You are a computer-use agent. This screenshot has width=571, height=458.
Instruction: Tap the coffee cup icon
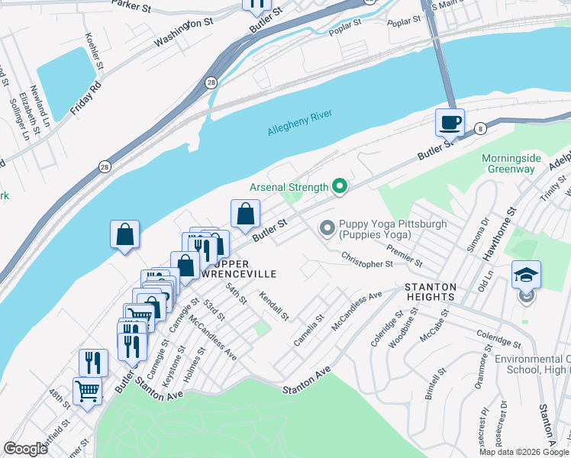coord(450,121)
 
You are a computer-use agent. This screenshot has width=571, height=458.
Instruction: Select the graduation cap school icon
coord(526,274)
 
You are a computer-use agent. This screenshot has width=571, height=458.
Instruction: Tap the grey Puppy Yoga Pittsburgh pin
coord(327,227)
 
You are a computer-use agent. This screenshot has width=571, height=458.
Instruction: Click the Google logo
coord(25,449)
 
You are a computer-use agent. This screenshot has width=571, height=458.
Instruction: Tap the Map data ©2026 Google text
coord(522,452)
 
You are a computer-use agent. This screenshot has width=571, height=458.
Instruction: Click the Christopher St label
coord(366,260)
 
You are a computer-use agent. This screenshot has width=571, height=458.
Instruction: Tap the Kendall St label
coord(275,305)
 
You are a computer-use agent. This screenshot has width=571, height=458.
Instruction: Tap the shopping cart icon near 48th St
coord(88,392)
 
